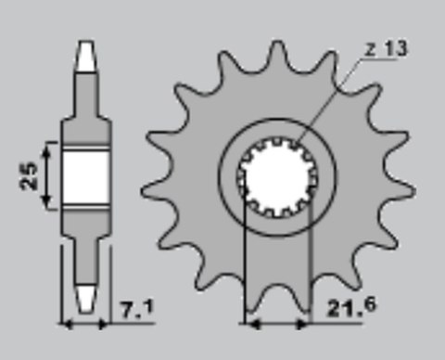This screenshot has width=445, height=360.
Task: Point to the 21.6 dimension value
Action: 346,308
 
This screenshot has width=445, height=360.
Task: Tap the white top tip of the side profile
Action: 86,55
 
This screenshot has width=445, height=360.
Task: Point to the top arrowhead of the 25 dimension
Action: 51,147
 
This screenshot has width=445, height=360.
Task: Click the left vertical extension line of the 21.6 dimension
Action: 243,269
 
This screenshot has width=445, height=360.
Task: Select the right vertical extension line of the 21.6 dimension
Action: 308,269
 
